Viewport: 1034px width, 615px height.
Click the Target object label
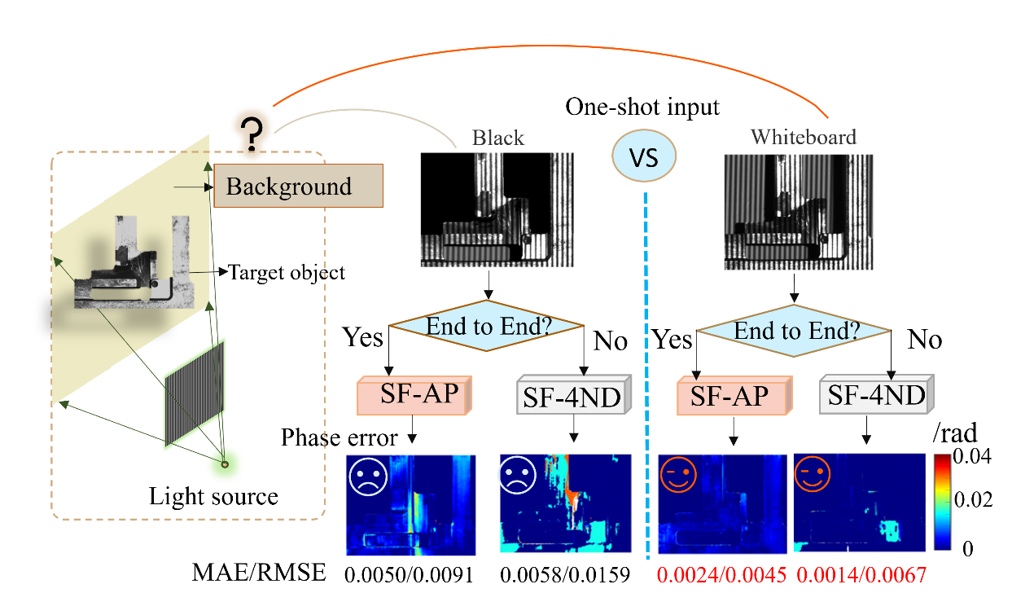coord(287,272)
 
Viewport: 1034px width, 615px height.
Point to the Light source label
coord(213,496)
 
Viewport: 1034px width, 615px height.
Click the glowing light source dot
coord(226,465)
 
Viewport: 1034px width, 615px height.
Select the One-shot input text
coord(643,108)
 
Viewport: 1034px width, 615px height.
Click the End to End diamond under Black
coord(488,327)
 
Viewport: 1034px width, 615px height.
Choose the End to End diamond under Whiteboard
coord(793,332)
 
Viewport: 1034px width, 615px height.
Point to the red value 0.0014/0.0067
coord(861,575)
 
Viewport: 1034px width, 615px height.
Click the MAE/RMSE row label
coord(259,573)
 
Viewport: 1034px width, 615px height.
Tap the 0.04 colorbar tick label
coord(975,457)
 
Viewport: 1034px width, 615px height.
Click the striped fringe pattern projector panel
coord(195,393)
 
